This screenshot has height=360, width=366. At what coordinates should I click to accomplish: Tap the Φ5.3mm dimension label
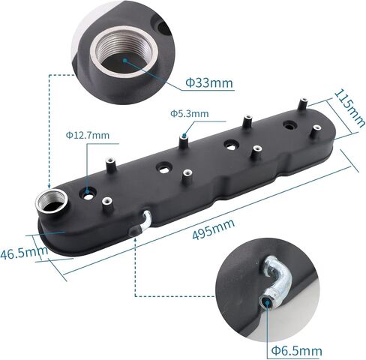coord(188,112)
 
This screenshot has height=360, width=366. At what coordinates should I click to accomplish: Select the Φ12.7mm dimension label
coord(87,136)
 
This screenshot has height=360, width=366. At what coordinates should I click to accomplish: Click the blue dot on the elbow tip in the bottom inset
coord(267,301)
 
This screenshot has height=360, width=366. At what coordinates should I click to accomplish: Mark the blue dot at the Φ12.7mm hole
coord(89,193)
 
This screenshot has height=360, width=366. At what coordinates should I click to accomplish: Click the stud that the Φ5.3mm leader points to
coord(182,139)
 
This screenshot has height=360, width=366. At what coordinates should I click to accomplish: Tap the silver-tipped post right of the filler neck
coord(107,200)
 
